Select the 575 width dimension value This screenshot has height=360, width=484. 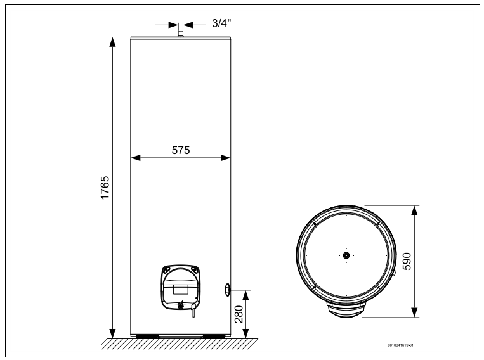pos(181,150)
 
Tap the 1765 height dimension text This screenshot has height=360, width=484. pos(105,188)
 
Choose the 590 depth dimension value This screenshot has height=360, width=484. pos(407,261)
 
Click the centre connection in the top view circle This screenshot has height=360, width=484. pos(346,255)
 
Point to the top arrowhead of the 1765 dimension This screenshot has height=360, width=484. pos(113,42)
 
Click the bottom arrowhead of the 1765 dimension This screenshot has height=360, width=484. pos(113,333)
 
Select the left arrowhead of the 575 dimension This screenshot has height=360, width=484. pos(135,157)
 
